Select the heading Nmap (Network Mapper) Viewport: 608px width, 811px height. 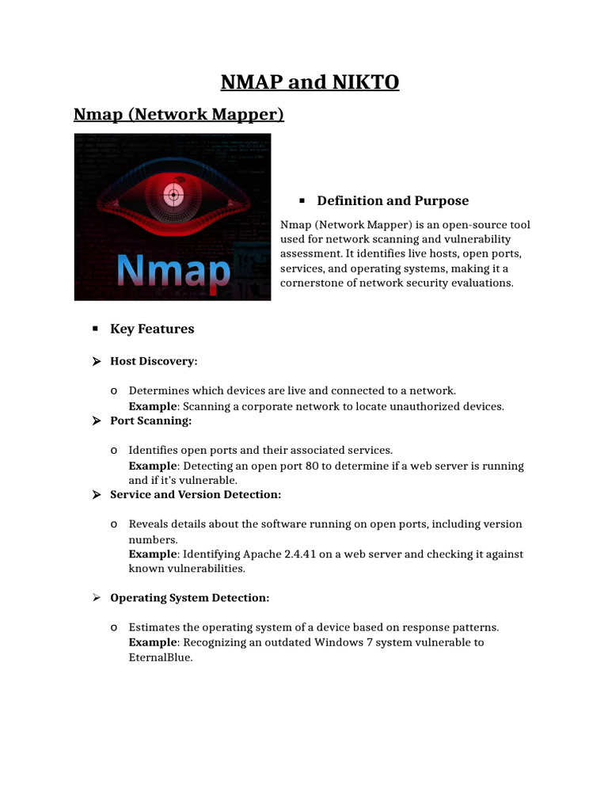coord(178,115)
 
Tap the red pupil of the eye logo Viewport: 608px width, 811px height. coord(171,192)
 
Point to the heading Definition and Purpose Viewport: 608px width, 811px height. coord(393,201)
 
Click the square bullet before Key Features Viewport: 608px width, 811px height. coord(94,328)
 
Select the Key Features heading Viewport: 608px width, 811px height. coord(152,329)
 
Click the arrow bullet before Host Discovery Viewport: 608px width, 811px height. coord(96,362)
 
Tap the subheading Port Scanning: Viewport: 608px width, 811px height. coord(150,421)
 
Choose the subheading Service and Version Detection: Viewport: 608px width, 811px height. coord(196,495)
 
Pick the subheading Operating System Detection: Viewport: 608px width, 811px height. coord(189,598)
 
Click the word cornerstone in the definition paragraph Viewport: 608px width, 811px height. coord(314,283)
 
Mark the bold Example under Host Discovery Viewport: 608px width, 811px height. coord(154,406)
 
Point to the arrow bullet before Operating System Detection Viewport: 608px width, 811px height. coord(96,598)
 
